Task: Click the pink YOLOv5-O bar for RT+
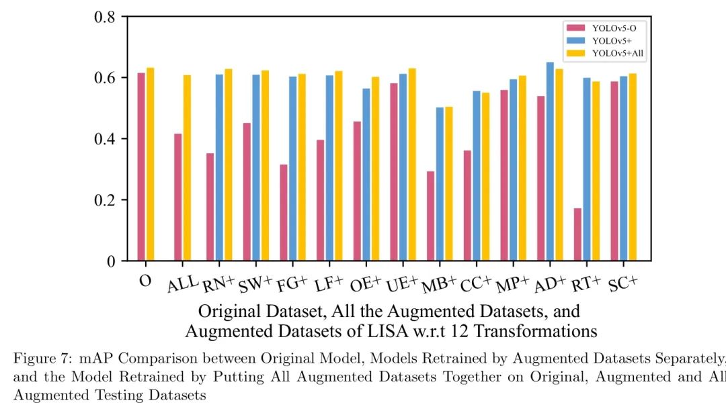pyautogui.click(x=577, y=234)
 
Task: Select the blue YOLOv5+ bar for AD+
pyautogui.click(x=550, y=161)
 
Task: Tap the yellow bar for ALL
pyautogui.click(x=187, y=168)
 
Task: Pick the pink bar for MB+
pyautogui.click(x=430, y=216)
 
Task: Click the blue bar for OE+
pyautogui.click(x=366, y=175)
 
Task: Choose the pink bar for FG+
pyautogui.click(x=284, y=212)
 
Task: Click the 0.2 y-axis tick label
pyautogui.click(x=108, y=200)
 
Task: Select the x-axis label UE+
pyautogui.click(x=402, y=283)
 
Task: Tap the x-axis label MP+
pyautogui.click(x=512, y=283)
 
